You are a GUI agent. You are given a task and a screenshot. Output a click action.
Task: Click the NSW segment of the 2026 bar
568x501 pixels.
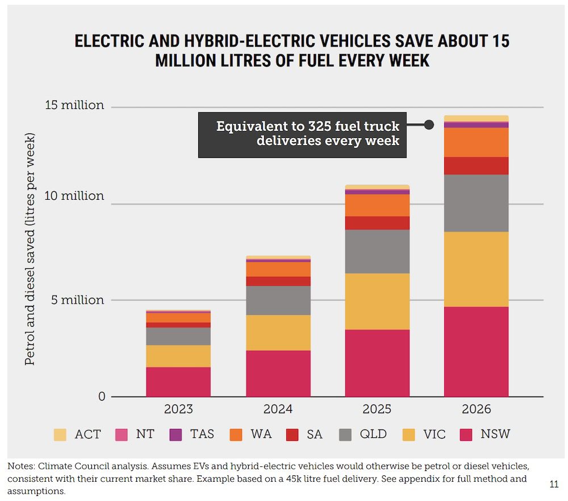[476, 351]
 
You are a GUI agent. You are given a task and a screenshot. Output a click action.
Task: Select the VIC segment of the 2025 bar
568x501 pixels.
[377, 301]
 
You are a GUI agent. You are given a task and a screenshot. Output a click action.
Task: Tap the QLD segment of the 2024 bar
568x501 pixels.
[278, 300]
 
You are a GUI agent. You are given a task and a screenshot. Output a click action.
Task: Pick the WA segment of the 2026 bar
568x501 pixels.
[476, 142]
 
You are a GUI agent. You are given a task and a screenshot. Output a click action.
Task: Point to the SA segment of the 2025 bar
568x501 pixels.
[377, 222]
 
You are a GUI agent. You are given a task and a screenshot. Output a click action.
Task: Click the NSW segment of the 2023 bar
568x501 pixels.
[178, 381]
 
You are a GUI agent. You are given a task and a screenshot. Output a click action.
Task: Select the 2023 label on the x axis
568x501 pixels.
[178, 409]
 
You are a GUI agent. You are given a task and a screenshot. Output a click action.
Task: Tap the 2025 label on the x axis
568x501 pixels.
[377, 409]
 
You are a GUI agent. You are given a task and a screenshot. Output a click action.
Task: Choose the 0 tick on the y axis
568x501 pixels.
[102, 396]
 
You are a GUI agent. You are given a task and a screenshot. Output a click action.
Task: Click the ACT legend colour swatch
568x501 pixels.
[60, 435]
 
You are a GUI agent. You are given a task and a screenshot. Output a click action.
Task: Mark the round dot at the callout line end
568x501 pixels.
[429, 125]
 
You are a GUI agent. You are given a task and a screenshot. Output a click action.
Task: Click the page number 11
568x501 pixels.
[554, 484]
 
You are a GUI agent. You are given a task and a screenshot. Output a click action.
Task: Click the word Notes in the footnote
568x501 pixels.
[21, 466]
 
